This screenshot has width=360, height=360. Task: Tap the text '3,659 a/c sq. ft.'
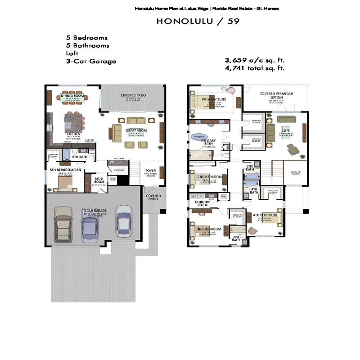255,60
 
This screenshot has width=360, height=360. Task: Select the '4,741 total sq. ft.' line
255,68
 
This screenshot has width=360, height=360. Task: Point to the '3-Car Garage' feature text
91,61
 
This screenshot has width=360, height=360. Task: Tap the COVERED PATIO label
133,95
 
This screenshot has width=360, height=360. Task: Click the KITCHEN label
73,134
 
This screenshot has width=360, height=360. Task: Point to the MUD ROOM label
100,180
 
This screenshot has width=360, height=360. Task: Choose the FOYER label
150,171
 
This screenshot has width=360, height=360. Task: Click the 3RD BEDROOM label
209,229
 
